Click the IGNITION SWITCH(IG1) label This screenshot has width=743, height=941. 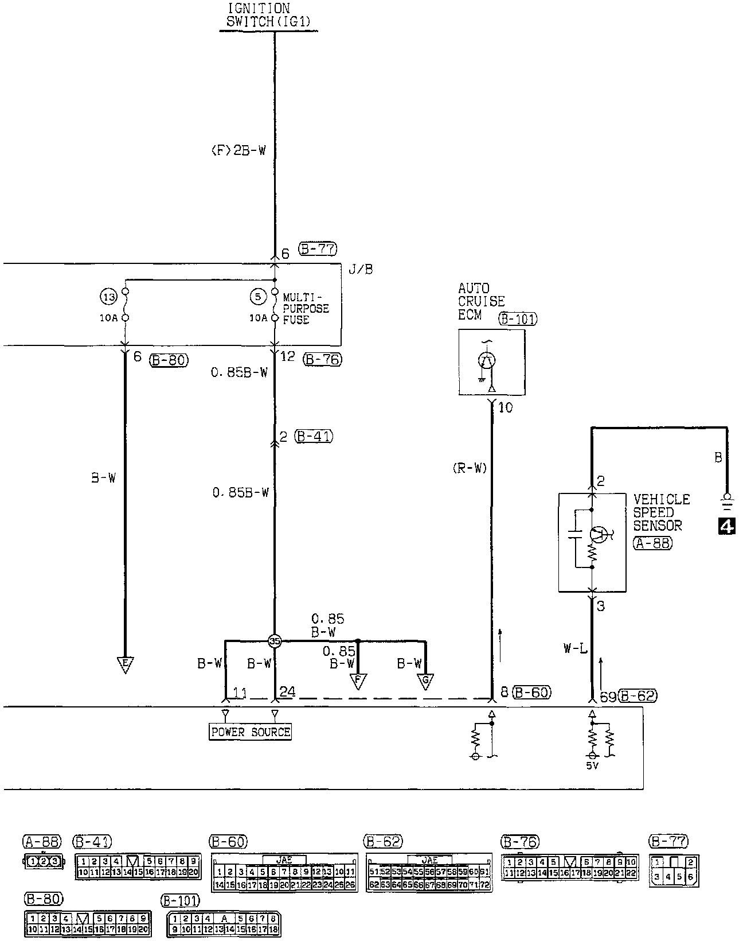pos(269,15)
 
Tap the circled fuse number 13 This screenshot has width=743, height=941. pos(108,297)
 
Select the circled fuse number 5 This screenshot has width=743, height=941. pos(259,297)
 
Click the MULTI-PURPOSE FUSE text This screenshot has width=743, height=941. pos(306,309)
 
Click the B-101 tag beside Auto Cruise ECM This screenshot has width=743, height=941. pos(518,318)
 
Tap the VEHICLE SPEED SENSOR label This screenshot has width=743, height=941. pos(661,512)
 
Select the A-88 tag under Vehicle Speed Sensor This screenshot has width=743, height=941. pos(652,543)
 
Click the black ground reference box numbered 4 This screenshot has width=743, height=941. pos(726,526)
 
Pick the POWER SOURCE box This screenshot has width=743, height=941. pos(251,732)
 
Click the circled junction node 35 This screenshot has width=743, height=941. pos(275,641)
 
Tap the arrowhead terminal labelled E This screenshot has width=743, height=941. pos(124,664)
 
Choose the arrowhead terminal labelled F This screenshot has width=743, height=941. pos(358,681)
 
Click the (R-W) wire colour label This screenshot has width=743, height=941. pos(468,468)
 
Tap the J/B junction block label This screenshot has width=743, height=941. pos(361,269)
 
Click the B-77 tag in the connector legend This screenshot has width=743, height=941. pos(668,842)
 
